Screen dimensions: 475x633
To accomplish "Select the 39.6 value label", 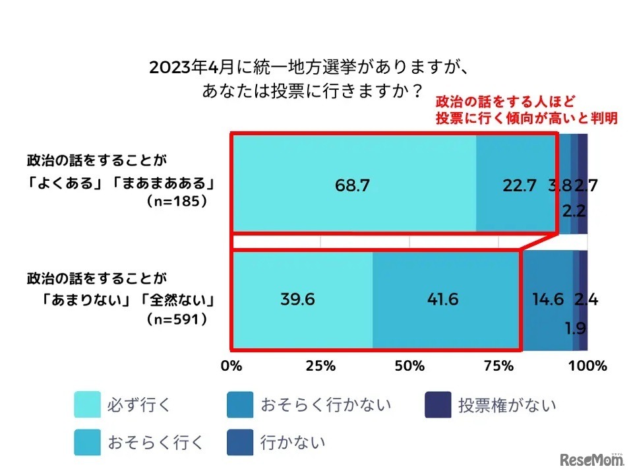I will pos(297,300).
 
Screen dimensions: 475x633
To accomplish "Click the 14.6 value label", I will pos(547,300).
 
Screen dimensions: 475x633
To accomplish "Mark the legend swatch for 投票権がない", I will pos(437,404).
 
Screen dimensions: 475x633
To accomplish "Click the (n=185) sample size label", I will pos(177,202).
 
